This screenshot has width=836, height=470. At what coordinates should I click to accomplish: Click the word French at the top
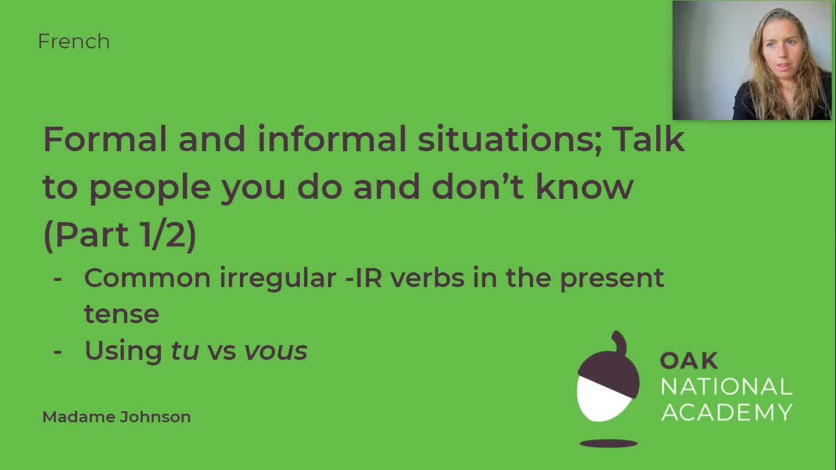click(x=73, y=42)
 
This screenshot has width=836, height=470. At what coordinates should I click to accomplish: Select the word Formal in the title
click(x=105, y=140)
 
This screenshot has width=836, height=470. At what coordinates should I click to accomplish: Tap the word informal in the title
click(x=331, y=140)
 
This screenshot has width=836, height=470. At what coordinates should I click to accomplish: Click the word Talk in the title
click(x=648, y=140)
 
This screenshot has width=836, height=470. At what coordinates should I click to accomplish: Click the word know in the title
click(x=584, y=187)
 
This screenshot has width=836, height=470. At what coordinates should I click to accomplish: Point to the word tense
click(x=121, y=315)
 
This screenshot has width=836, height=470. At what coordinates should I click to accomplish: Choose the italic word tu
click(x=182, y=351)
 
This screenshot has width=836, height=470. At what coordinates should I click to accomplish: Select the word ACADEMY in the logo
click(x=726, y=412)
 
